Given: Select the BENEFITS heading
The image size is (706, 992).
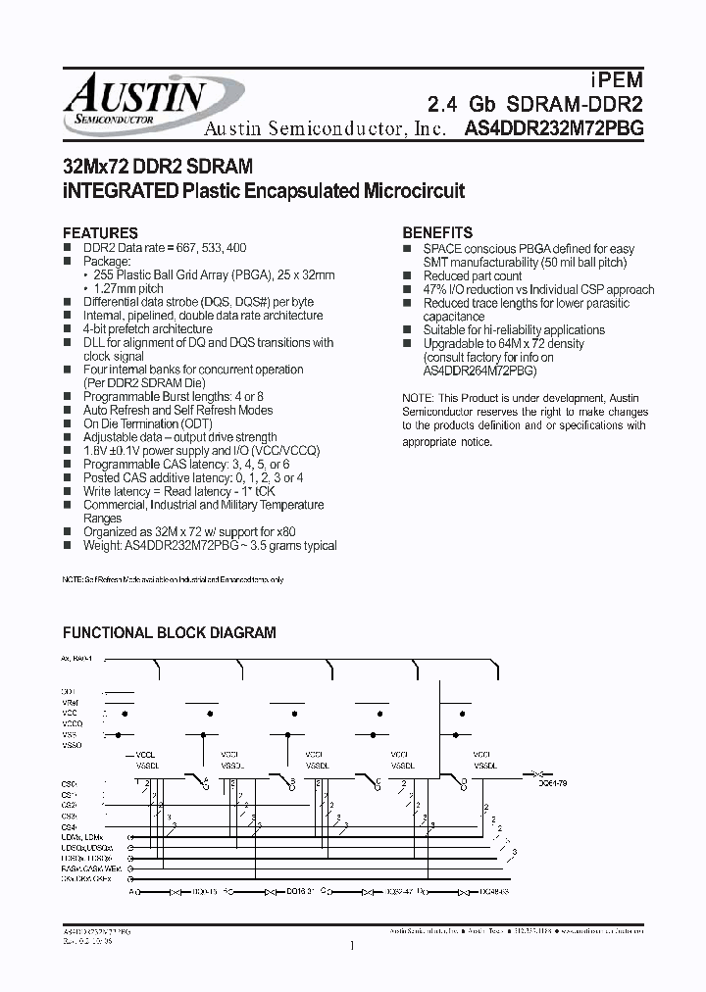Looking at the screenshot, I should [x=437, y=233].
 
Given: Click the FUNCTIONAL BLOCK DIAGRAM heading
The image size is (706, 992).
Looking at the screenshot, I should [x=170, y=633].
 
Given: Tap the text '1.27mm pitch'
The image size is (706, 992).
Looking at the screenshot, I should [x=129, y=289].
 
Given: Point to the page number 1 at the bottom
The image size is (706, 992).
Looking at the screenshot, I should [x=351, y=947].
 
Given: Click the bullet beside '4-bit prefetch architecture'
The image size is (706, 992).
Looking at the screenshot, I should [x=69, y=330].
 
